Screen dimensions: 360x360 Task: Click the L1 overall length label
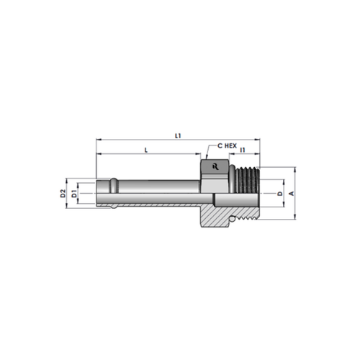pos(178,136)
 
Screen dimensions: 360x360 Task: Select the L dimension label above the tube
pos(146,150)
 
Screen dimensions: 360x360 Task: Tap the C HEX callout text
pos(227,145)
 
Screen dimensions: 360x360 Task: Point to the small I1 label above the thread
pos(243,150)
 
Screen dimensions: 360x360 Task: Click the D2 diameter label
pos(63,194)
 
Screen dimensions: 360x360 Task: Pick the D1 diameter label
pos(74,194)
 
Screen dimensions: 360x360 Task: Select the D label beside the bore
pos(280,194)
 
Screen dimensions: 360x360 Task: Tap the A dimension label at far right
pos(292,193)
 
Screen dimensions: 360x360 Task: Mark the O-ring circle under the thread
pos(232,220)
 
